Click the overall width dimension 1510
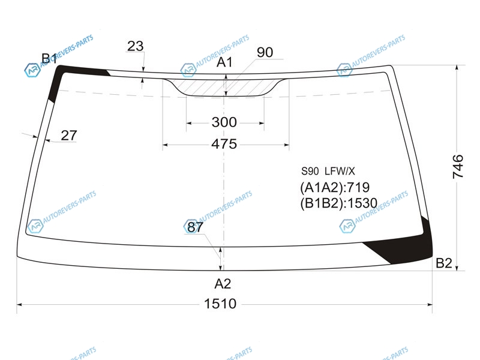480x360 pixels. [220, 304]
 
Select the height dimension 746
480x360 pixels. [458, 167]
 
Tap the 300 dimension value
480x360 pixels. [224, 122]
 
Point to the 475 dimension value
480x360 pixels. [224, 144]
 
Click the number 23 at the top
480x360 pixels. [136, 46]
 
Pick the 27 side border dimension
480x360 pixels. [69, 136]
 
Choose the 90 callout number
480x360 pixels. [265, 52]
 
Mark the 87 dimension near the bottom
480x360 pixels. [195, 227]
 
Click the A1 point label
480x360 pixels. [224, 62]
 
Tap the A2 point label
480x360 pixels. [223, 284]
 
